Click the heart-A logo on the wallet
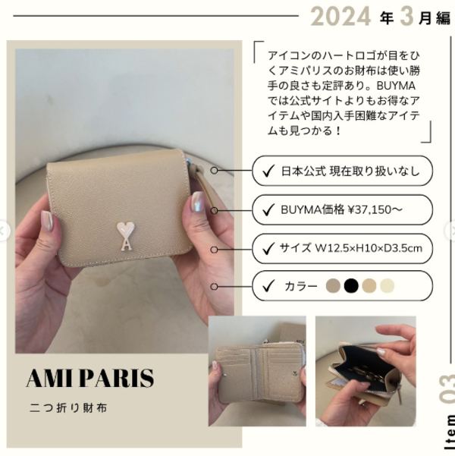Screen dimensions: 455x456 (x=126, y=236)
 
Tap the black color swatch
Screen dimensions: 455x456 (x=351, y=285)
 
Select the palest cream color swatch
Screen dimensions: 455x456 (x=387, y=285)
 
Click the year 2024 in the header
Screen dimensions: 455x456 (x=340, y=16)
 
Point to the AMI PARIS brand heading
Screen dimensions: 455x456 (x=90, y=378)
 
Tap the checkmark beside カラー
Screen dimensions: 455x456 (x=268, y=286)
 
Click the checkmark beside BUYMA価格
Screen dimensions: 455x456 (x=268, y=209)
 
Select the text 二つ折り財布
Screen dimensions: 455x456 (x=68, y=408)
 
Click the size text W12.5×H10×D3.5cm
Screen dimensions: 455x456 (x=369, y=248)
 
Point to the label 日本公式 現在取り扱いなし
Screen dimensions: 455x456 (x=350, y=171)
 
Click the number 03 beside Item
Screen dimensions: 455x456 (x=447, y=389)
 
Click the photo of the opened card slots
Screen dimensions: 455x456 (x=257, y=371)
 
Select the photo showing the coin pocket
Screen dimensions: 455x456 (x=366, y=371)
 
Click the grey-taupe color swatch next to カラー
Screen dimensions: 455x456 (x=333, y=285)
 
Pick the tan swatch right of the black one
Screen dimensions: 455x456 (x=369, y=285)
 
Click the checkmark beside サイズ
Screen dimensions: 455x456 (x=268, y=249)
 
